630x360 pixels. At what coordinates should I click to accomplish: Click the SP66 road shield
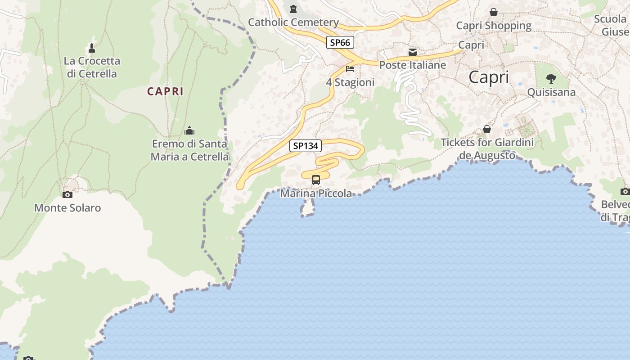[340, 42]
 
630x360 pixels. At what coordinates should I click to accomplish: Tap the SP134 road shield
[306, 146]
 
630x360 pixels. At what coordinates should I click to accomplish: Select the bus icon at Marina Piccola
[316, 180]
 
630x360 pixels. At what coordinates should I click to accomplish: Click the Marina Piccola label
[316, 193]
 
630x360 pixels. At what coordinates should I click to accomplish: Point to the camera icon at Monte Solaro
[67, 194]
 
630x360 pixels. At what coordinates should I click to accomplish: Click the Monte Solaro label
[67, 208]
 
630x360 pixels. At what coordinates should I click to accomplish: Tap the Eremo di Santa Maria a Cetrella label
[189, 150]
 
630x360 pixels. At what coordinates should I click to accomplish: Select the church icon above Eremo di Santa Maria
[189, 131]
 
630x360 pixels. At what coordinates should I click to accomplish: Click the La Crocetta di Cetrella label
[92, 67]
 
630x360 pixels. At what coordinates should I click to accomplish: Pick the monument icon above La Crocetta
[92, 48]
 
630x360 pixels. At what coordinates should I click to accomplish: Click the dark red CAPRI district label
[165, 91]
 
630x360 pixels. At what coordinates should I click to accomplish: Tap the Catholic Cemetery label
[293, 22]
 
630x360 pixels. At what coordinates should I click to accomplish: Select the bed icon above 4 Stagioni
[350, 69]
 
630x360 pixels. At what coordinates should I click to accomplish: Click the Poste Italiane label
[413, 65]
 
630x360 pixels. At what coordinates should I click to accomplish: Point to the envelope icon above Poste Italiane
[413, 52]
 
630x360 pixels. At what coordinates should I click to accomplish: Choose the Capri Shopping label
[494, 26]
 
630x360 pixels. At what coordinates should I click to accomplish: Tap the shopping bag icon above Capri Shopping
[494, 12]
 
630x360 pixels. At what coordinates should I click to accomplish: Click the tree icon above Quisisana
[551, 79]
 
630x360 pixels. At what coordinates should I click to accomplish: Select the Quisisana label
[551, 92]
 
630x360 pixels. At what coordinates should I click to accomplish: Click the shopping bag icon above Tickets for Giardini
[487, 130]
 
